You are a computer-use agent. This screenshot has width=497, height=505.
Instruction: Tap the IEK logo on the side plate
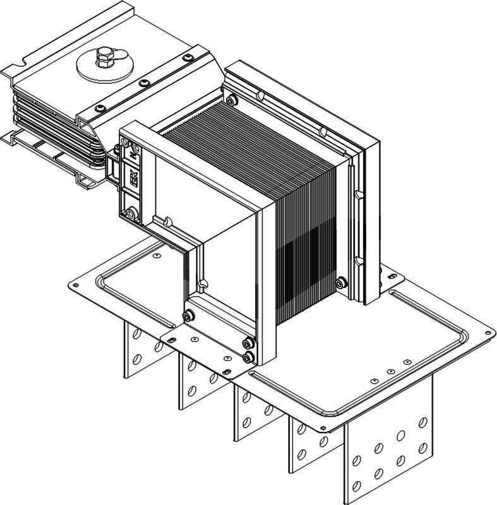[x=133, y=179]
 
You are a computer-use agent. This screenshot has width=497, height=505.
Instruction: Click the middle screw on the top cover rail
[x=145, y=83]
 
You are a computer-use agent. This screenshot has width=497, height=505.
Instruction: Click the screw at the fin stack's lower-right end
[x=341, y=282]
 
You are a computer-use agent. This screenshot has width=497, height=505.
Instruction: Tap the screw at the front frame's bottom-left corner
[x=187, y=316]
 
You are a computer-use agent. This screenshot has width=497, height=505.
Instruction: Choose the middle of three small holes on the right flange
[x=391, y=372]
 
